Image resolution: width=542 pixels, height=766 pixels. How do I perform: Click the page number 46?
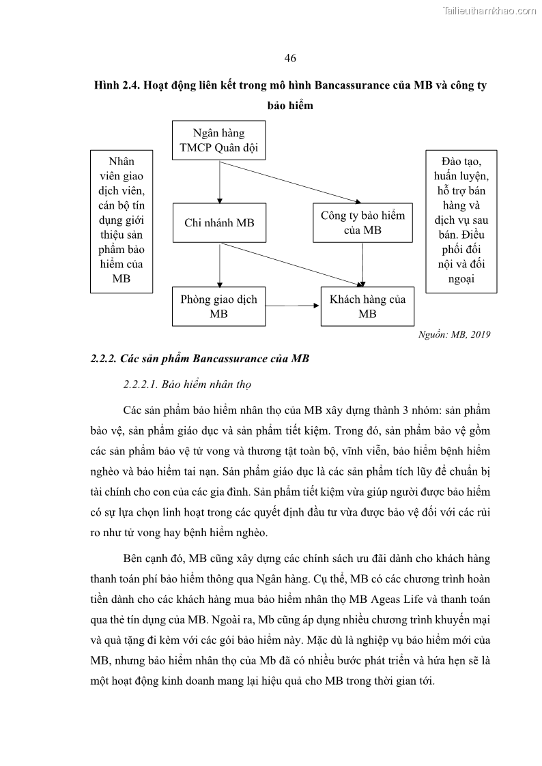290,57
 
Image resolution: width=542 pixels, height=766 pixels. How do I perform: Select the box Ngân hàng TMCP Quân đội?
219,141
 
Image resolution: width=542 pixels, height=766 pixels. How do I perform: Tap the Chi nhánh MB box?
219,222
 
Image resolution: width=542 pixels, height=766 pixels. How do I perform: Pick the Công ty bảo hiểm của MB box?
362,222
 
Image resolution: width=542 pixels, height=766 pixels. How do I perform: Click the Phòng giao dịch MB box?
219,307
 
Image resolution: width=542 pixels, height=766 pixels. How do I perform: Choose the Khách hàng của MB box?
367,307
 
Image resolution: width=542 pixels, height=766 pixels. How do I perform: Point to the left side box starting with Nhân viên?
121,221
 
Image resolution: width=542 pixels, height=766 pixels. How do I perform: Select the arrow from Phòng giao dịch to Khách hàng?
294,307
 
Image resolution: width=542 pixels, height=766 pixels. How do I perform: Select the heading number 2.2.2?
106,359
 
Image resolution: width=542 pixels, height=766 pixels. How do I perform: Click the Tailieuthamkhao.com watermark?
490,10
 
